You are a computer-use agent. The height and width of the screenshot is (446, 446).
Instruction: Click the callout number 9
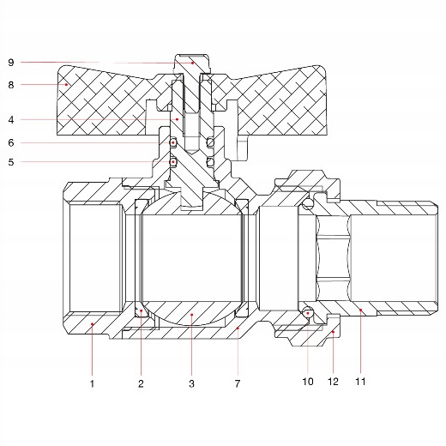11,63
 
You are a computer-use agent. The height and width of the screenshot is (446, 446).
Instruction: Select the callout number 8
11,85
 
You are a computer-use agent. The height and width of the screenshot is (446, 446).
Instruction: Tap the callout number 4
11,120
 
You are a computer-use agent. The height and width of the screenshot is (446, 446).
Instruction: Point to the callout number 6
11,142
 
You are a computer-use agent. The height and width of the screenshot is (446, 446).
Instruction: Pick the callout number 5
11,162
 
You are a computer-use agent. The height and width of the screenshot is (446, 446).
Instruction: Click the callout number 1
92,383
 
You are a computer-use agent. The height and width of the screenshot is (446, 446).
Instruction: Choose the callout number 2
141,383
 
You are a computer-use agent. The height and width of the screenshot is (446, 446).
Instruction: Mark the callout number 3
191,383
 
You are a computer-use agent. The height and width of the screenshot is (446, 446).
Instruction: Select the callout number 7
238,383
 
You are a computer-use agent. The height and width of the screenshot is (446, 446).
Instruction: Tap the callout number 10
308,382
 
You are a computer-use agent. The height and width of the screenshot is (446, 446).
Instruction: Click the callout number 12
333,382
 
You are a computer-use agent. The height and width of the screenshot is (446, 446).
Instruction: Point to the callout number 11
360,382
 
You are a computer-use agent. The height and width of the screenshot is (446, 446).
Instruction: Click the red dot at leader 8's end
66,84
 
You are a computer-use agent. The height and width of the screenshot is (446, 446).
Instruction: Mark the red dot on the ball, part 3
192,315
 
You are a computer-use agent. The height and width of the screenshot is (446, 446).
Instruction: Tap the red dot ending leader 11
361,310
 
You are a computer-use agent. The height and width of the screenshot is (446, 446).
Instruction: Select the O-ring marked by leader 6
173,142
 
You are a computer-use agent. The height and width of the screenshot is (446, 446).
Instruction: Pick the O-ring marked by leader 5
173,162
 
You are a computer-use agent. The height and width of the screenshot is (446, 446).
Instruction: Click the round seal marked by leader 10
308,312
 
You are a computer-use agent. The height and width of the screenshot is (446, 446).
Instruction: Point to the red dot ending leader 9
193,63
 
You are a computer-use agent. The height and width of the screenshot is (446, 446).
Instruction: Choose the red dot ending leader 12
333,332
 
